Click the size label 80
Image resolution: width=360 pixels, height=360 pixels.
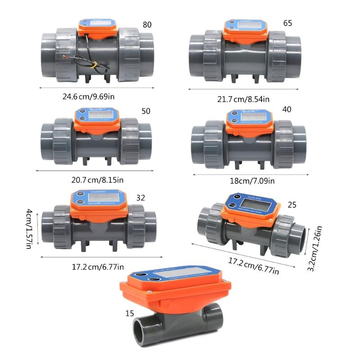pyautogui.click(x=147, y=25)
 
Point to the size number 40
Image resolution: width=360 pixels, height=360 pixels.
pyautogui.click(x=287, y=109)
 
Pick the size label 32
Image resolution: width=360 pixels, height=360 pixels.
pyautogui.click(x=141, y=197)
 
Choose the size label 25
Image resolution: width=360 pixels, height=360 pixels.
pyautogui.click(x=292, y=205)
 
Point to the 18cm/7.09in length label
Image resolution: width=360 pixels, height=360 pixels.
pyautogui.click(x=249, y=181)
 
